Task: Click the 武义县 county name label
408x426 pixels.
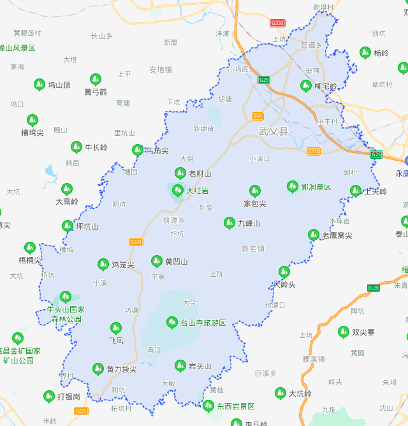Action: click(x=273, y=131)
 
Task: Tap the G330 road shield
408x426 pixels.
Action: click(x=277, y=23)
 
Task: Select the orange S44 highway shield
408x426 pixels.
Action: click(x=258, y=116)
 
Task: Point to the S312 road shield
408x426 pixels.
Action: click(x=314, y=151)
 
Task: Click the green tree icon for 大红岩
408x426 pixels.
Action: click(x=178, y=189)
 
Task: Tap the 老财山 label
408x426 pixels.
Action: click(x=200, y=173)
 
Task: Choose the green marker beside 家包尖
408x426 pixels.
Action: click(x=254, y=190)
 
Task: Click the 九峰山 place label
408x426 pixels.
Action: click(x=249, y=224)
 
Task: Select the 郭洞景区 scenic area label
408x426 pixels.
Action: click(x=316, y=187)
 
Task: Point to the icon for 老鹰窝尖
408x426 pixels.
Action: click(x=313, y=235)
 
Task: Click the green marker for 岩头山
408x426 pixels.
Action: click(x=180, y=365)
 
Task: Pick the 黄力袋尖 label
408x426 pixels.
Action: click(x=121, y=369)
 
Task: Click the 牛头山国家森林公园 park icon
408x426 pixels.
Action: click(x=65, y=296)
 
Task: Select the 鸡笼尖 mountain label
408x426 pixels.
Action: click(x=123, y=265)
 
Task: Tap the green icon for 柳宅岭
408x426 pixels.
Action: click(x=306, y=85)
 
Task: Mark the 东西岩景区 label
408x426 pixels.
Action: click(x=235, y=406)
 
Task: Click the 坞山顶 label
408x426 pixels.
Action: click(x=59, y=84)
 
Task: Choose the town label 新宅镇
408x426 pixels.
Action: click(x=253, y=249)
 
